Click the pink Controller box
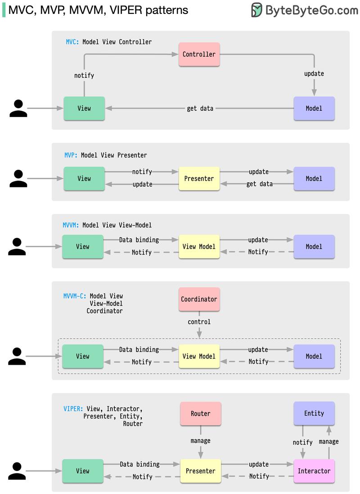point(199,54)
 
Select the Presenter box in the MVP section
point(199,178)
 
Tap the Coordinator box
point(199,299)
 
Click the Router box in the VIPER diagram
point(200,413)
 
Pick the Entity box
point(314,413)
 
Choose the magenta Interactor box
point(314,471)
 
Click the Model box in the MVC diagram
point(314,108)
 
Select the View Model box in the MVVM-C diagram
point(199,356)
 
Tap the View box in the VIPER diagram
point(82,471)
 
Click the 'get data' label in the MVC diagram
point(200,109)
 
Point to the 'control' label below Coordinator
point(199,322)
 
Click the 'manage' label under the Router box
point(200,441)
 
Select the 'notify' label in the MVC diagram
point(84,76)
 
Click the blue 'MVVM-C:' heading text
point(75,296)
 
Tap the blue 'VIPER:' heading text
point(73,409)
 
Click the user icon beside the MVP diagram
point(18,178)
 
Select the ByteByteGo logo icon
point(256,10)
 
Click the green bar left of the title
point(4,10)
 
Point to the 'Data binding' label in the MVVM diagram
point(139,240)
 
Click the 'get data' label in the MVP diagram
point(260,184)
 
